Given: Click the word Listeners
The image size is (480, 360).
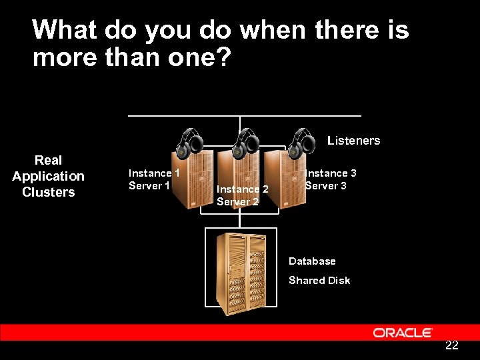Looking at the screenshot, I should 353,141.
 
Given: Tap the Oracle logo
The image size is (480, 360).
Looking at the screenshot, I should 403,333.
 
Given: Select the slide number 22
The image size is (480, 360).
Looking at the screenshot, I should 451,345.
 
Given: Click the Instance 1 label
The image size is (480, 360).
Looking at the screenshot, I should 154,173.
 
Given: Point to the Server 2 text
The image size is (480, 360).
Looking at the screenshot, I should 237,202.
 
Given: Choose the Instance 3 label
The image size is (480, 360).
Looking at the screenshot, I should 331,173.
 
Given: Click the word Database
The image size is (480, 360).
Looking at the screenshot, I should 312,261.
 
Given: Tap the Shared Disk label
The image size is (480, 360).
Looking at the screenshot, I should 319,281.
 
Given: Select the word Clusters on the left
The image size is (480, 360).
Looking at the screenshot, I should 48,193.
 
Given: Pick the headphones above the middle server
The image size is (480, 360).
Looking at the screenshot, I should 246,141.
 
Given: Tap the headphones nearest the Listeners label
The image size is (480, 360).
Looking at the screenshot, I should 302,141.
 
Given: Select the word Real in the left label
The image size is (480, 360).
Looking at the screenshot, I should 48,160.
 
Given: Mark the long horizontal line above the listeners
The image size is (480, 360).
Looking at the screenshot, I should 244,116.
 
